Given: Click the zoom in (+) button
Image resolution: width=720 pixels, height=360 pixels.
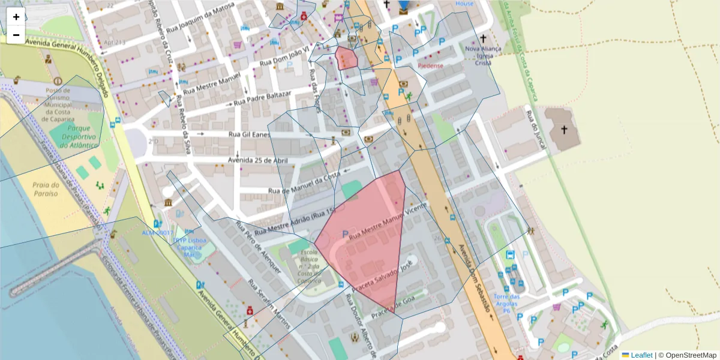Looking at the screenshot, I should [x=16, y=17].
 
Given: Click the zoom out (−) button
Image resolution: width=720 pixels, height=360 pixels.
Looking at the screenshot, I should [x=16, y=35].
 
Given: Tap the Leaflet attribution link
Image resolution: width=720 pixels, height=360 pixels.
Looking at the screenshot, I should [x=641, y=355].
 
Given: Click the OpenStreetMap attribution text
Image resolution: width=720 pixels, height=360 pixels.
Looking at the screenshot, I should [x=690, y=355].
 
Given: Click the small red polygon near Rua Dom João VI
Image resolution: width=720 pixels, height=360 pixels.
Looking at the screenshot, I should [x=347, y=59].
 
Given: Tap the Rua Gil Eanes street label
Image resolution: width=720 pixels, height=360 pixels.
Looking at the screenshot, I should [x=251, y=134].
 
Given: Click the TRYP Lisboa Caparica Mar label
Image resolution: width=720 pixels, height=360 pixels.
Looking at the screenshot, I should [x=189, y=247].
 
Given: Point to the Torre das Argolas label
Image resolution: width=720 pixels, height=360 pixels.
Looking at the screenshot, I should [x=506, y=301].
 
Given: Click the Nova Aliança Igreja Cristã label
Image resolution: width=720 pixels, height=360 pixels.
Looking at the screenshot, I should [x=483, y=55].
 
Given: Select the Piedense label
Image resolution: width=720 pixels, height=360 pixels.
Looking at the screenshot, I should [x=430, y=65].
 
